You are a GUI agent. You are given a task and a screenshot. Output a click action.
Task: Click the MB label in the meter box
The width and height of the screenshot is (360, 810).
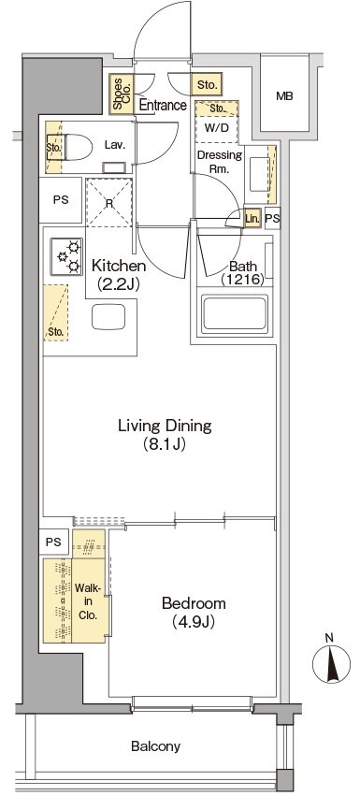point(284,96)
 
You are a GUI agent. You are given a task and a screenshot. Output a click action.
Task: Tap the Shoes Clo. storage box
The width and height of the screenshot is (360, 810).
point(122,94)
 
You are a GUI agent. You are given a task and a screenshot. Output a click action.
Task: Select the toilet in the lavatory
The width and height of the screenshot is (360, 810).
point(77,147)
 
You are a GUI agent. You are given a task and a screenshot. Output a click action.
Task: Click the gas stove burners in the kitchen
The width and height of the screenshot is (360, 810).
point(66,256)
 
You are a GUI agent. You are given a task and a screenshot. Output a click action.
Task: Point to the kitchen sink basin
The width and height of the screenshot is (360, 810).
point(108,317)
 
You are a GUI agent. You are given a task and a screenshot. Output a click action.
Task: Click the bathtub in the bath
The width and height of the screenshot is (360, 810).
point(235,314)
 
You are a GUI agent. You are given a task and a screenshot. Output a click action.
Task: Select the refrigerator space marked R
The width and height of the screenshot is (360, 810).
point(109,202)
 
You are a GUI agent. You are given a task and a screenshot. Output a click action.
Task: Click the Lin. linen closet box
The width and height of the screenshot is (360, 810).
point(252,219)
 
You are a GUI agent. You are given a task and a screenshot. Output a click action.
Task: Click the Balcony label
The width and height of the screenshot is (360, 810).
point(155,746)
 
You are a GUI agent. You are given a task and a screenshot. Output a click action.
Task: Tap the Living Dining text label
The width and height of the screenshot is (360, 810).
point(165,427)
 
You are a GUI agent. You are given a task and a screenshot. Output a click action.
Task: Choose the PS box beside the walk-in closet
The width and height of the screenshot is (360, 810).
point(53,542)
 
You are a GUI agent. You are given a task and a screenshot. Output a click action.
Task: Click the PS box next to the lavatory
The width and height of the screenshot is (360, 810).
point(61,200)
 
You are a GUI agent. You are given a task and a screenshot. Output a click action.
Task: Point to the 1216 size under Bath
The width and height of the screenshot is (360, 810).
point(243,280)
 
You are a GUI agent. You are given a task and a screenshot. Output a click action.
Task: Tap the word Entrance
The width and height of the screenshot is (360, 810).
point(164,106)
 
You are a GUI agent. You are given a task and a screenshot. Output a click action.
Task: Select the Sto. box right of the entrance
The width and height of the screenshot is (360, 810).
point(208,84)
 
